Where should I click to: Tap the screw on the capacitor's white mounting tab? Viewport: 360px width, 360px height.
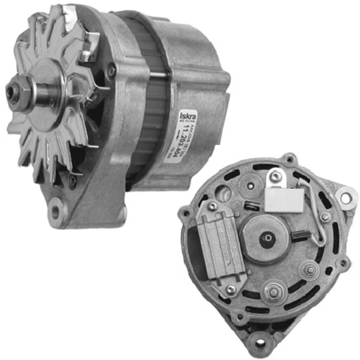(x=274, y=178)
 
